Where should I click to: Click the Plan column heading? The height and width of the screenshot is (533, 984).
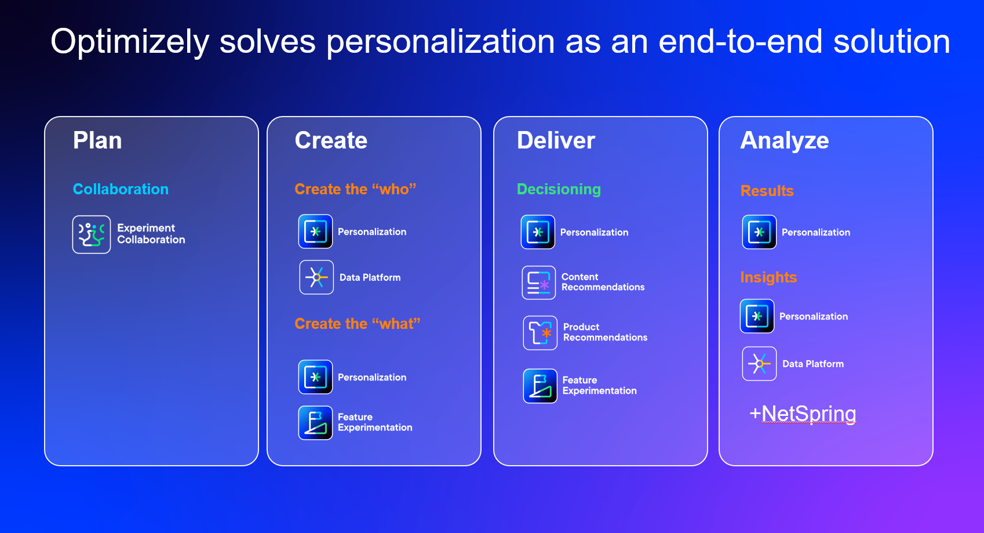tap(97, 140)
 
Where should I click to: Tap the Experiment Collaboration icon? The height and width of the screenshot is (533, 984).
tap(91, 234)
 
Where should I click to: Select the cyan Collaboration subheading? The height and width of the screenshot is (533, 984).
tap(121, 189)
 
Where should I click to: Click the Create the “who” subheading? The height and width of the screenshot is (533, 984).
tap(355, 189)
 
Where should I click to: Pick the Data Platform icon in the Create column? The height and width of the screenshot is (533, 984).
tap(316, 277)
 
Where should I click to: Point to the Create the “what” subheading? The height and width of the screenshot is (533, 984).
tap(357, 324)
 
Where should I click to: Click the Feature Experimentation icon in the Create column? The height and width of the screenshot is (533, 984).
tap(316, 423)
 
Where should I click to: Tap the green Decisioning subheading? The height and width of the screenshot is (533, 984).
tap(559, 189)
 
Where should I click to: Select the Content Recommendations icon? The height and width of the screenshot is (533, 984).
tap(538, 282)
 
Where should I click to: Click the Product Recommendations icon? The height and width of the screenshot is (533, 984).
tap(540, 333)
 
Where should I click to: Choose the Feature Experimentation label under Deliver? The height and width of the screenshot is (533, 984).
tap(599, 386)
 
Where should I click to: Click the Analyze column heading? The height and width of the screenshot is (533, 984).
tap(785, 140)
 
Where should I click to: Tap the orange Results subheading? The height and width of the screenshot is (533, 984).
tap(767, 191)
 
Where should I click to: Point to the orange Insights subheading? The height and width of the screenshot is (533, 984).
tap(768, 277)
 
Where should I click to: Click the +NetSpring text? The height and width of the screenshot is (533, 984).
tap(803, 414)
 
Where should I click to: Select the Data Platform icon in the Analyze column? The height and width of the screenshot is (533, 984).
tap(759, 364)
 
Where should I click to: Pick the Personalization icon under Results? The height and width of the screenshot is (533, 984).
tap(759, 232)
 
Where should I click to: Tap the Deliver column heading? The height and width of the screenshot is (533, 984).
tap(556, 140)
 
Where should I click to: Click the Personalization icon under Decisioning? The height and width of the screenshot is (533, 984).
tap(538, 232)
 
